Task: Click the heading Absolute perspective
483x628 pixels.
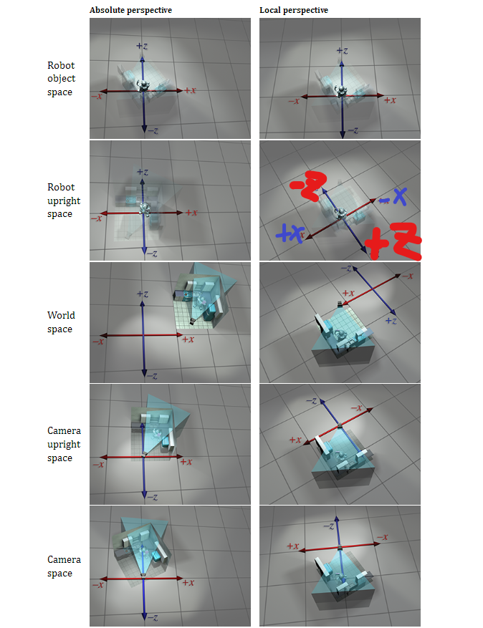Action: click(x=130, y=11)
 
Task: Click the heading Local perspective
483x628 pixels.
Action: click(x=294, y=11)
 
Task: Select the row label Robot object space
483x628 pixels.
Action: click(x=62, y=79)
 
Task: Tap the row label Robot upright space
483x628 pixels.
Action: click(x=64, y=201)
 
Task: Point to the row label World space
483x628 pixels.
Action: click(x=61, y=322)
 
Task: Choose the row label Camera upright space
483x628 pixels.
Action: click(x=64, y=444)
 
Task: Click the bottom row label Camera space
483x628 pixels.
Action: click(x=64, y=566)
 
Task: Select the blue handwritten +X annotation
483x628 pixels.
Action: click(x=290, y=233)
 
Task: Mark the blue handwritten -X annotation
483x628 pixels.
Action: click(x=393, y=197)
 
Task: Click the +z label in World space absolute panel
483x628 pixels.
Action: click(x=143, y=294)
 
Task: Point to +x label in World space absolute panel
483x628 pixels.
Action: click(x=188, y=339)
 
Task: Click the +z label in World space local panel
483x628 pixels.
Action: click(x=391, y=320)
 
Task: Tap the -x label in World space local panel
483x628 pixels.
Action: click(x=407, y=276)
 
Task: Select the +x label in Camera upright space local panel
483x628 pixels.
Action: click(x=295, y=440)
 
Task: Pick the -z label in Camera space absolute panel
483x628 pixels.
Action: click(x=153, y=617)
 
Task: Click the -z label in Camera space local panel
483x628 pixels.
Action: click(x=329, y=526)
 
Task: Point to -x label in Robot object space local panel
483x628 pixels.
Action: click(x=294, y=101)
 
